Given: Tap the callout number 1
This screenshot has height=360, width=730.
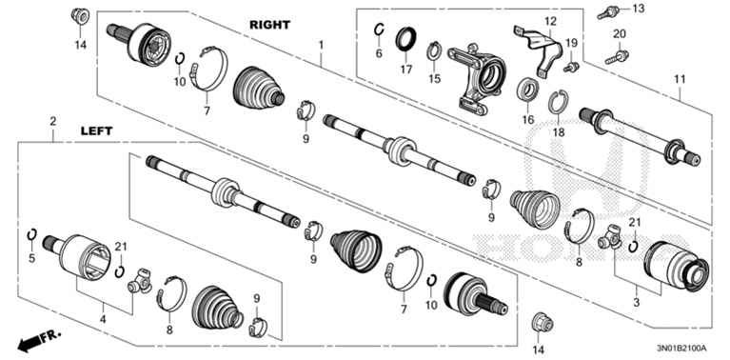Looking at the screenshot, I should coord(321,45).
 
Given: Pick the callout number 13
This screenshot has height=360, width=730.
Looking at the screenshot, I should coord(638,9).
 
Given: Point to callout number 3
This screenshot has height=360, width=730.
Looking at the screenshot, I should coord(635,301).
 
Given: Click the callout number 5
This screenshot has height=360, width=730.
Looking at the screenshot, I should coord(30,258).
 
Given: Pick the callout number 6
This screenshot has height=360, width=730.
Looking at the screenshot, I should coord(378,54).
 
